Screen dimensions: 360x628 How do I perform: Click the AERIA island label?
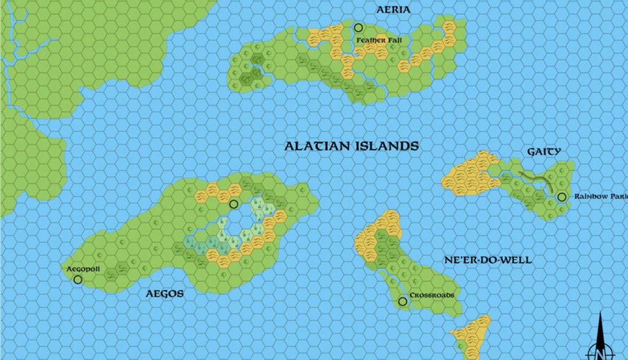394,10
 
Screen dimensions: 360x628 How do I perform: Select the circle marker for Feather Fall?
358,28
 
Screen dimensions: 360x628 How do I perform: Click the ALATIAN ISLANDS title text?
352,146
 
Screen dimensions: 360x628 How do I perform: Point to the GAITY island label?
544,152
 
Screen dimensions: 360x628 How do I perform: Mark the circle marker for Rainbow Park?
562,197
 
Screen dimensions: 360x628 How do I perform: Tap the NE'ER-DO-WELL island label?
488,260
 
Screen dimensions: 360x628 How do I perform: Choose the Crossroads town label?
431,295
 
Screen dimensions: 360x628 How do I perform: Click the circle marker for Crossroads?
402,302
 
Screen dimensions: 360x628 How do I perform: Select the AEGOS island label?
165,294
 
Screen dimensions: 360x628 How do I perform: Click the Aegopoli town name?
83,269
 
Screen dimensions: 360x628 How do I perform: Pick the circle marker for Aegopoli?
78,279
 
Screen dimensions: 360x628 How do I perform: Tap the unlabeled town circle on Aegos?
234,204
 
